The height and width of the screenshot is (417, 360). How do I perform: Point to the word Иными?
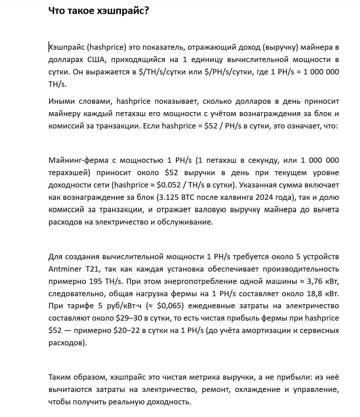[x=61, y=101]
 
